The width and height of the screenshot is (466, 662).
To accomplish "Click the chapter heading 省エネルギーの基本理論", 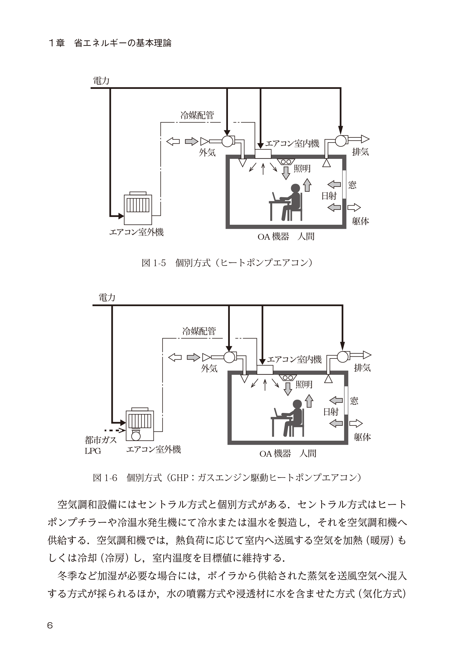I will pos(123,43).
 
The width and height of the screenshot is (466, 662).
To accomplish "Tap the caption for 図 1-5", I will pos(227,263).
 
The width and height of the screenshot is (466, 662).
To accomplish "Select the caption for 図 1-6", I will pos(227,478).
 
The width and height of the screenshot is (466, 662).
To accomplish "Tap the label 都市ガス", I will pos(101,440).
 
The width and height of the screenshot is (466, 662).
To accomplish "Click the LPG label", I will pos(93,451).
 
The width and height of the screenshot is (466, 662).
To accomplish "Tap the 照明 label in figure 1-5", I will pos(302,169).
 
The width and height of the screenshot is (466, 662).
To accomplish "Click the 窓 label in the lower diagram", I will pos(354,401).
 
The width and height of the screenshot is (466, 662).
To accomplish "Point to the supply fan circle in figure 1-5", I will pos(227,141).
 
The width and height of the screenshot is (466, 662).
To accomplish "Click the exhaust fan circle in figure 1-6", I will pos(343,357).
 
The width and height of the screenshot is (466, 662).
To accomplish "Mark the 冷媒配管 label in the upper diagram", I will pos(197,115).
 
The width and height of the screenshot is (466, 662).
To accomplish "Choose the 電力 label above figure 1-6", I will pos(107,298).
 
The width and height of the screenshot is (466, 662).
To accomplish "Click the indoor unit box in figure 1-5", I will pos(263,154).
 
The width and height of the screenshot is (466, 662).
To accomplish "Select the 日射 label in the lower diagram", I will pos(331,412).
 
